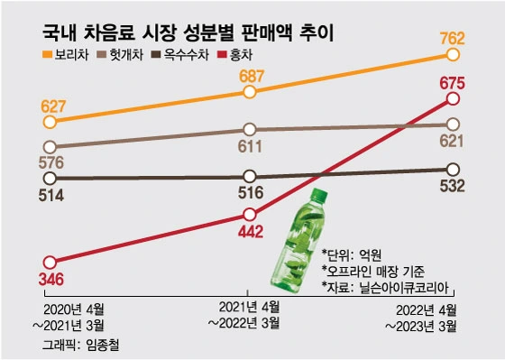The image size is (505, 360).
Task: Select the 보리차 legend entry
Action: pyautogui.click(x=67, y=58)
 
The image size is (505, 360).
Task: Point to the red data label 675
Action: pyautogui.click(x=452, y=84)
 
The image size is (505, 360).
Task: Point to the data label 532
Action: pyautogui.click(x=451, y=188)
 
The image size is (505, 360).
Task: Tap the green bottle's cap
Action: pyautogui.click(x=317, y=193)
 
